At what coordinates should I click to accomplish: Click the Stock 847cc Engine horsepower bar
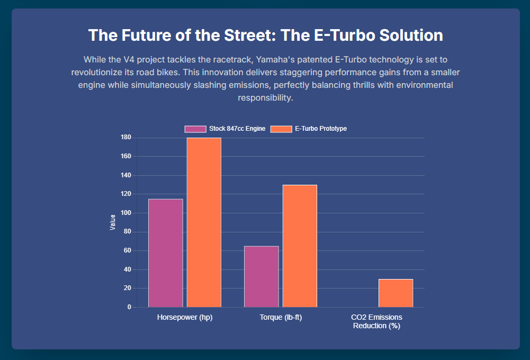click(165, 253)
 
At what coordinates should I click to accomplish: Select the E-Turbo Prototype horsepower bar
click(204, 222)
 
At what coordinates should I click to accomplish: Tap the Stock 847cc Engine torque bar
click(261, 276)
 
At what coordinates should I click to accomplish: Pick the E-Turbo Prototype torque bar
click(300, 246)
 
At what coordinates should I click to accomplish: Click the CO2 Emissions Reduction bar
click(396, 293)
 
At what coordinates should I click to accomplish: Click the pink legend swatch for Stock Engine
click(195, 129)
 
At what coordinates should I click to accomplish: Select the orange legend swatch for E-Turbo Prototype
click(281, 129)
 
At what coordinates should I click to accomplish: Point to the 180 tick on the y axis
click(125, 138)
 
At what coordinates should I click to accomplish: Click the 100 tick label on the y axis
click(125, 213)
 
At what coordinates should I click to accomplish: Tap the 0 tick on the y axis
click(129, 307)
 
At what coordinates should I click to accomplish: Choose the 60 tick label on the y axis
click(127, 250)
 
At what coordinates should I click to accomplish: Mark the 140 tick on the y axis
click(125, 175)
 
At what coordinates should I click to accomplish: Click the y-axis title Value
click(113, 222)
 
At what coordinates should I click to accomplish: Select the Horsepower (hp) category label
click(185, 318)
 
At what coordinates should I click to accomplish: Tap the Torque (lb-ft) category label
click(281, 318)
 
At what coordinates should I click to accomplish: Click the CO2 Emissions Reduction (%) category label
click(376, 322)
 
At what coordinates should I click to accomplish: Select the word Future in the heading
click(144, 35)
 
